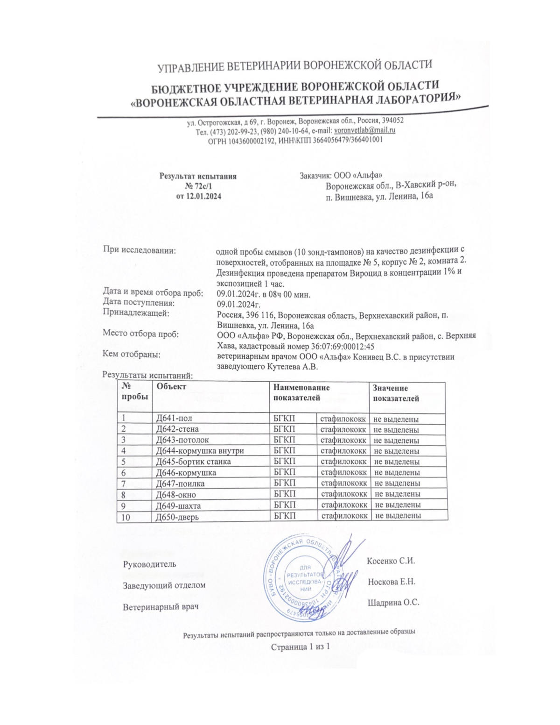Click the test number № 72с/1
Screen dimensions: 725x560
click(198, 186)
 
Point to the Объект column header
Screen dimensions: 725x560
click(172, 387)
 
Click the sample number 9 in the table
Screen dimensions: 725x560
click(124, 505)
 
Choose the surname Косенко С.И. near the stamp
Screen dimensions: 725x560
click(391, 561)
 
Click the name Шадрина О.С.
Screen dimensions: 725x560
click(393, 602)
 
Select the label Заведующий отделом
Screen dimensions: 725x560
click(164, 585)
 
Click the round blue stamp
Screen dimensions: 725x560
click(302, 579)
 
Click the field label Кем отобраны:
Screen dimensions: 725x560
click(132, 355)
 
